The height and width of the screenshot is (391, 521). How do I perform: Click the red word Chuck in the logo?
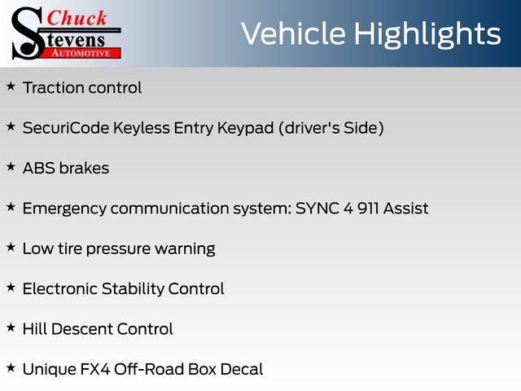point(77,18)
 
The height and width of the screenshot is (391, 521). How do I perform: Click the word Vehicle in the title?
point(293,33)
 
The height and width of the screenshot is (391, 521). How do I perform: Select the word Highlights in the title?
point(427,34)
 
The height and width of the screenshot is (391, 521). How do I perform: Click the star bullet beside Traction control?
point(11,86)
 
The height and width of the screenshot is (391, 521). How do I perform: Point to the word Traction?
point(54,88)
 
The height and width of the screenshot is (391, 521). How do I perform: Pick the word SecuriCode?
point(66,128)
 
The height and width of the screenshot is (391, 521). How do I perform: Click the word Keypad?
point(246,129)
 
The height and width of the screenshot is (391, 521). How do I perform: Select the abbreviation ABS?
point(38,169)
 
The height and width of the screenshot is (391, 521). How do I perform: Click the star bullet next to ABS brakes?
point(11,166)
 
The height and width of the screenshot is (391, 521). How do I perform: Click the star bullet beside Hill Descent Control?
point(11,327)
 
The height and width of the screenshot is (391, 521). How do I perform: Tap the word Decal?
point(242,369)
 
